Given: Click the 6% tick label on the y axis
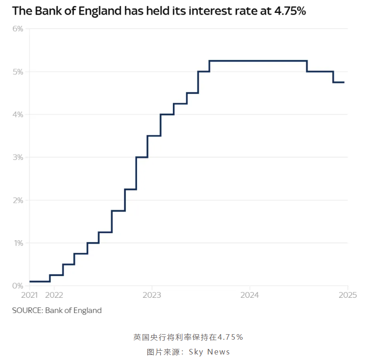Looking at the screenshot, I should tap(18, 29).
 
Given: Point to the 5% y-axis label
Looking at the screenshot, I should tap(18, 72).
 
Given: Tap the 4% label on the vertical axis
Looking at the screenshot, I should tap(18, 114).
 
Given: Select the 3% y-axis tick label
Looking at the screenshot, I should tap(18, 157).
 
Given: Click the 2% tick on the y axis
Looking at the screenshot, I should tap(18, 200).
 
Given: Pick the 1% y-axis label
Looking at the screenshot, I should tap(18, 243).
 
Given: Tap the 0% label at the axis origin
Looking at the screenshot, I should tap(18, 286).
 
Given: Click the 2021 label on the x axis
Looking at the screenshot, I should tap(29, 295).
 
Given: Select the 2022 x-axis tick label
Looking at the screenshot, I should tap(54, 295).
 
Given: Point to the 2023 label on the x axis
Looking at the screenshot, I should tap(152, 295).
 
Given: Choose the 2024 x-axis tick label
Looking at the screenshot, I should tap(250, 295).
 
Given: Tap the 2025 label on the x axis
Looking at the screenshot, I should tap(347, 295).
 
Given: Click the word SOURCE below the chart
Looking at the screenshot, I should tap(27, 310).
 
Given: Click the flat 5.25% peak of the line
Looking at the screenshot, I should tap(258, 61).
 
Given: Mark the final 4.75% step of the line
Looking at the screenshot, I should tap(339, 82).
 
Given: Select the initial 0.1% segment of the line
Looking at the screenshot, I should tap(39, 281).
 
